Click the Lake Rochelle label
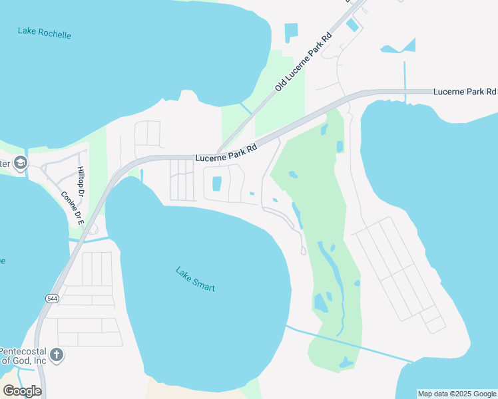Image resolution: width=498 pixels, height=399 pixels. pos(45,33)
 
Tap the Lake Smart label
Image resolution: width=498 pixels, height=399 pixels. pos(195,279)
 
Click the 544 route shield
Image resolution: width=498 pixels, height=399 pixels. pos(53,299)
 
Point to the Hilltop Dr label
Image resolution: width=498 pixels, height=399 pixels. pos(81,182)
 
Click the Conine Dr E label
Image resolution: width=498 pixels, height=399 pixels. pos(71,208)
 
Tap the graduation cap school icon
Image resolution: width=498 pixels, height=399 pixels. pos(21,163)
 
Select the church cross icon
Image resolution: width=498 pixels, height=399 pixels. pos(57,354)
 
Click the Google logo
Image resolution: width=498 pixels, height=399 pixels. pos(22,390)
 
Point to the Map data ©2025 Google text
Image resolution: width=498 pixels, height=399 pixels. pos(456,394)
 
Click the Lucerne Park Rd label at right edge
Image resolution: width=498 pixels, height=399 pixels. pos(465,91)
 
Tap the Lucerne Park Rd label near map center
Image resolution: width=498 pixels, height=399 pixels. pos(226,154)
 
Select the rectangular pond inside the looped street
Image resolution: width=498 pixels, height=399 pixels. pos(216,184)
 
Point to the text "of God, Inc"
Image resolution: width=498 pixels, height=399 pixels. pos(23,360)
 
